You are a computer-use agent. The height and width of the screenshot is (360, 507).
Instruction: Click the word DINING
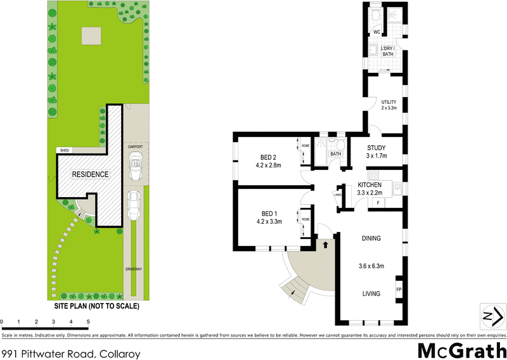371,238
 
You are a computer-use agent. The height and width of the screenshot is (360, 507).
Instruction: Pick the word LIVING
371,293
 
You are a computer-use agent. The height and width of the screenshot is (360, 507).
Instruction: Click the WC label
376,32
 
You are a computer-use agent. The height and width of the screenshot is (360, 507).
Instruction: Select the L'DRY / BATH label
388,52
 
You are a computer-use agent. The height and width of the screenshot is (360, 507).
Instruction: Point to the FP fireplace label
399,290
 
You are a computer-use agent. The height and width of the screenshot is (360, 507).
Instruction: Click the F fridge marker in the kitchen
378,202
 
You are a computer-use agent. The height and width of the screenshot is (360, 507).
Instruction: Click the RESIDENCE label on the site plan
89,174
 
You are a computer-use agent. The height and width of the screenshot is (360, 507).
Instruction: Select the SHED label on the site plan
64,150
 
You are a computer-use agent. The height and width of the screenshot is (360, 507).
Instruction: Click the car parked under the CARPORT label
134,167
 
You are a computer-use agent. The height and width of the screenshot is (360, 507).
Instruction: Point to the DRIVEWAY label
134,269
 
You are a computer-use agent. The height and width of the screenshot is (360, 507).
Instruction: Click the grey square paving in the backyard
89,35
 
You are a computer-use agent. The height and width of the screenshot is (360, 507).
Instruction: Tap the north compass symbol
491,316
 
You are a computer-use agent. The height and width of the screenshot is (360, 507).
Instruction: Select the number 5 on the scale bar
88,322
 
